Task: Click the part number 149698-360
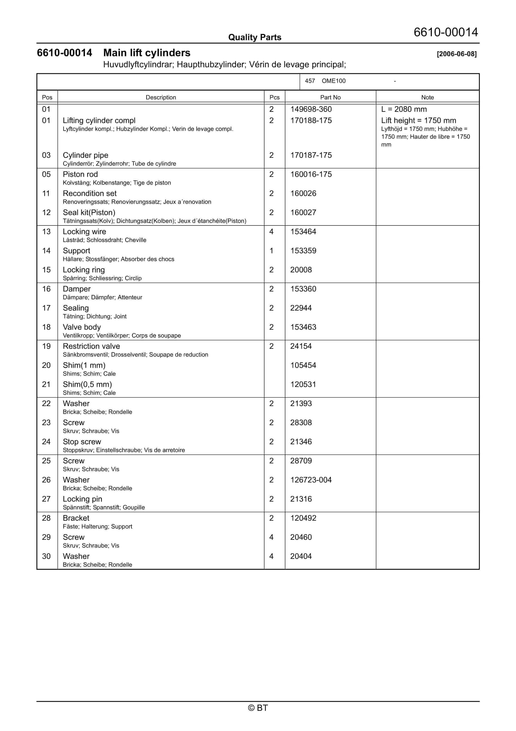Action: [x=311, y=109]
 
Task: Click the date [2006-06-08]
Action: [x=457, y=54]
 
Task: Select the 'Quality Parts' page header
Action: [x=255, y=37]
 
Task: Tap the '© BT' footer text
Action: [x=258, y=708]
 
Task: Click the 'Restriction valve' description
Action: [x=91, y=346]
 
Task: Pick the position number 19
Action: [x=46, y=346]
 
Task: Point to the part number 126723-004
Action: [x=311, y=480]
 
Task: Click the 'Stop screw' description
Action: [x=82, y=442]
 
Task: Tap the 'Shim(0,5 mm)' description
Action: [x=87, y=385]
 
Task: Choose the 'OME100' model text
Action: [x=333, y=81]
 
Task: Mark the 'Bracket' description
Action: [x=76, y=518]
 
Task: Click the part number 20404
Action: [x=301, y=556]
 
